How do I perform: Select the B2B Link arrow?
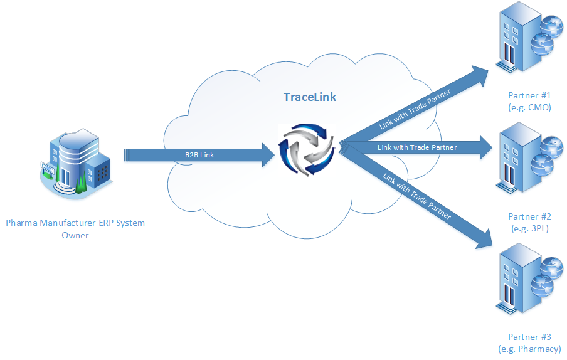tap(188, 155)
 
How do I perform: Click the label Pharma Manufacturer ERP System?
tap(75, 223)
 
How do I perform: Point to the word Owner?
tap(75, 235)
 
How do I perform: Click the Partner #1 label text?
tap(529, 95)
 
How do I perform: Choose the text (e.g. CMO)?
tap(529, 107)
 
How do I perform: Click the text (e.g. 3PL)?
tap(529, 228)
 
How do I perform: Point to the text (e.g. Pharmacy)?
tap(529, 349)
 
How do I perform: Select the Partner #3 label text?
tap(529, 337)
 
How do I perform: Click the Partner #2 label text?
tap(529, 216)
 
